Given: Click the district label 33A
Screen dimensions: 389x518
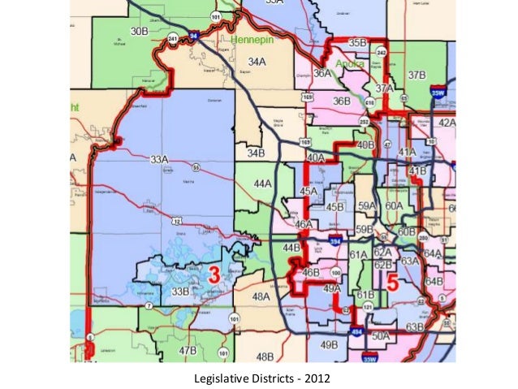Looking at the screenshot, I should [160, 159].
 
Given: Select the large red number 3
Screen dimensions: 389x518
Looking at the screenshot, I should [214, 274].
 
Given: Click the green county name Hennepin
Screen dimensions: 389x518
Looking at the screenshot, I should [254, 38].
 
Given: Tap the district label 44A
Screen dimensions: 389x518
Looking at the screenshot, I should [262, 184].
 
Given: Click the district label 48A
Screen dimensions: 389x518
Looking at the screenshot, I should [261, 297].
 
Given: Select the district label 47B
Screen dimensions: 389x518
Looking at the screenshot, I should [188, 350].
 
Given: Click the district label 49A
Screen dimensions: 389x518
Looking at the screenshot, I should [332, 287].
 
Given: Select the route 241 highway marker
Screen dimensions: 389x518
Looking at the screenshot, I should [172, 37].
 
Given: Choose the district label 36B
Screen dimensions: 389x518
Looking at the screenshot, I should [341, 101].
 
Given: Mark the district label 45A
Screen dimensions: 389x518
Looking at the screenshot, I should [309, 192].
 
